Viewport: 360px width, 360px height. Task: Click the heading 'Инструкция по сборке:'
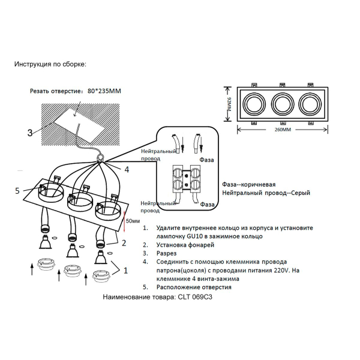(x=50, y=64)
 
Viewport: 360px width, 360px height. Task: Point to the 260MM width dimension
(x=282, y=130)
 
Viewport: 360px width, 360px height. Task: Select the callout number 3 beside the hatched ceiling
(x=29, y=133)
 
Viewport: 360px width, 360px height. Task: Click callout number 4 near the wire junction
(x=127, y=169)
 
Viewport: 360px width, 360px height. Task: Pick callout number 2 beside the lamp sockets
(x=124, y=243)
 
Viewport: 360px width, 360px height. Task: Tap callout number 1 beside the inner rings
(x=125, y=270)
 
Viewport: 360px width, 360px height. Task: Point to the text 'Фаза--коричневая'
(x=248, y=184)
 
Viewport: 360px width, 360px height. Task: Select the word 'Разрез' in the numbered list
(x=168, y=253)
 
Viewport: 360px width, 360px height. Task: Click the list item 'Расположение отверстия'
(x=193, y=287)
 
